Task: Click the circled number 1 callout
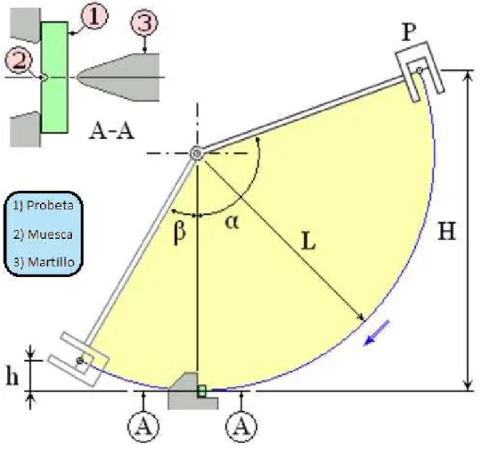point(94,15)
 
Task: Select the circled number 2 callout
point(19,61)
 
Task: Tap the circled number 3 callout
point(144,23)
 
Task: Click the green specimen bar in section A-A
point(54,78)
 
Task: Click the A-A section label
point(111,131)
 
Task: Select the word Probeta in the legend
point(50,205)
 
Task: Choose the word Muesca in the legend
point(51,234)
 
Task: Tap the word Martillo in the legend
point(51,262)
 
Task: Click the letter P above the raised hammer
point(409,32)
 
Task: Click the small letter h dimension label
point(12,376)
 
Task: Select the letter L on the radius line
point(308,241)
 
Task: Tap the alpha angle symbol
point(232,222)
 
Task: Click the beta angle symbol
point(180,232)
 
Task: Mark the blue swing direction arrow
point(377,333)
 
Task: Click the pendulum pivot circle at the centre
point(196,153)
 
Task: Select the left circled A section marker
point(143,427)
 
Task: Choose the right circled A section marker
point(241,427)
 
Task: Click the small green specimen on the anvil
point(201,391)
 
